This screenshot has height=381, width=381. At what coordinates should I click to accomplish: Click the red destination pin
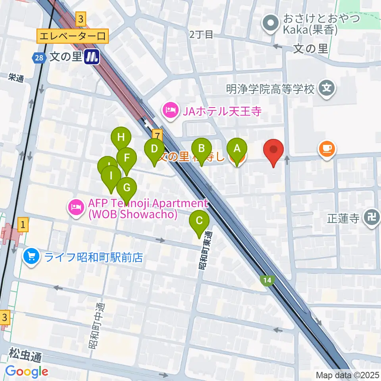pyautogui.click(x=274, y=151)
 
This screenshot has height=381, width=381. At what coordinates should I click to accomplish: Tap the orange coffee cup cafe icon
pyautogui.click(x=327, y=149)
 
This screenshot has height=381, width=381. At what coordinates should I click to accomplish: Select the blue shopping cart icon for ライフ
pyautogui.click(x=31, y=258)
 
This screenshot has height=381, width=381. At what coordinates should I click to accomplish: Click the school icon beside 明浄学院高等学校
pyautogui.click(x=327, y=88)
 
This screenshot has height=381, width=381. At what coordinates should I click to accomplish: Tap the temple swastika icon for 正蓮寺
pyautogui.click(x=371, y=217)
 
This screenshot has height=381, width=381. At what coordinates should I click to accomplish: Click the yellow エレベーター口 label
pyautogui.click(x=72, y=37)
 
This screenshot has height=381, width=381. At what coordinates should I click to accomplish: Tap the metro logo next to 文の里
pyautogui.click(x=92, y=57)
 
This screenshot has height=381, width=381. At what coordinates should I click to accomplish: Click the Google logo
pyautogui.click(x=27, y=372)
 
